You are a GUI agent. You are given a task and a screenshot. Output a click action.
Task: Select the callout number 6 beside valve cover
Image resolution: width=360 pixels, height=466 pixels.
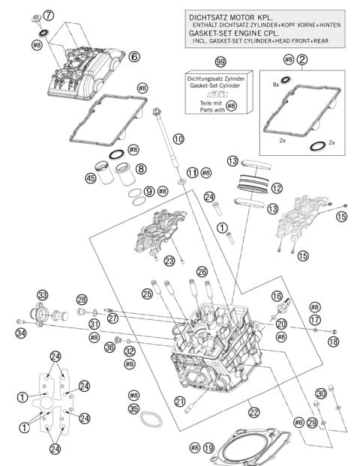(134, 56)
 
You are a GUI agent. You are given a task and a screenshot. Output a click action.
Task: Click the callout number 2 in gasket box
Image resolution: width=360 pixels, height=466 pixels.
(301, 59)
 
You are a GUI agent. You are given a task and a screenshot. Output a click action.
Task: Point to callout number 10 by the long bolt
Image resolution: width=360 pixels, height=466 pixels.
(178, 139)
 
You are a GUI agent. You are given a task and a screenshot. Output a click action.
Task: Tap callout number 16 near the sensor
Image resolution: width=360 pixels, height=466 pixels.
(277, 296)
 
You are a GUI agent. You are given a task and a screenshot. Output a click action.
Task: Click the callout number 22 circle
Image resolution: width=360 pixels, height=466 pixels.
(254, 412)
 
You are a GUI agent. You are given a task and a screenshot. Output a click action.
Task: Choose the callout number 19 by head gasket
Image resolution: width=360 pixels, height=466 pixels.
(208, 447)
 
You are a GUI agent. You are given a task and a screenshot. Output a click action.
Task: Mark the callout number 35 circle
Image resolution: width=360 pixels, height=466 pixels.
(134, 408)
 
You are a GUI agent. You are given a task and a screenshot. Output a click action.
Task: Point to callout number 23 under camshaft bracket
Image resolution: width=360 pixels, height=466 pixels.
(169, 261)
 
